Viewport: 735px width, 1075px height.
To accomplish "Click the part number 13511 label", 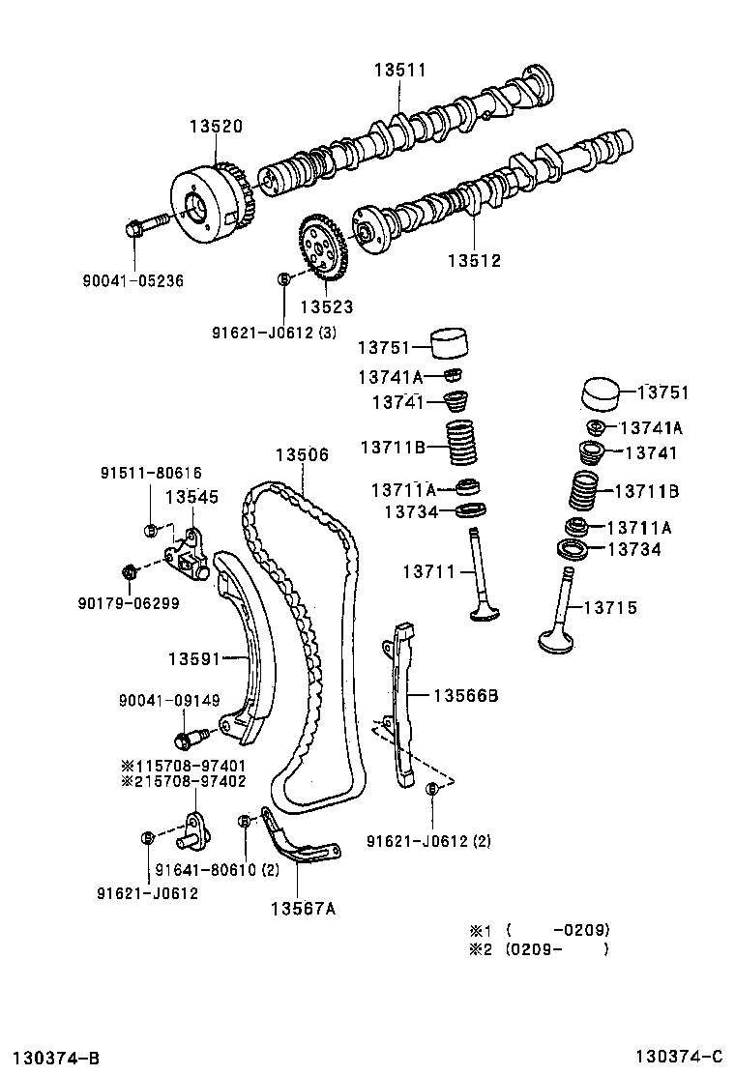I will coord(400,70).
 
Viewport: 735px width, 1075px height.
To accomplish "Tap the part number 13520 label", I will coord(215,127).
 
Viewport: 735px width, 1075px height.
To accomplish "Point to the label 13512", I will coord(474,260).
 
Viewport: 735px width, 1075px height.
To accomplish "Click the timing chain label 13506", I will coord(301,454).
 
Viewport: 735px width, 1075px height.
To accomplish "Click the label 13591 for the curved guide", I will coord(195,659).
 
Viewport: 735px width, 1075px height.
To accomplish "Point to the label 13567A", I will coord(303,908).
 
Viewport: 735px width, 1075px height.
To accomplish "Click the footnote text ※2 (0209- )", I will coord(540,949).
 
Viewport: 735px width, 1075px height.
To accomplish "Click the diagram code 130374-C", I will coord(679,1055).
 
